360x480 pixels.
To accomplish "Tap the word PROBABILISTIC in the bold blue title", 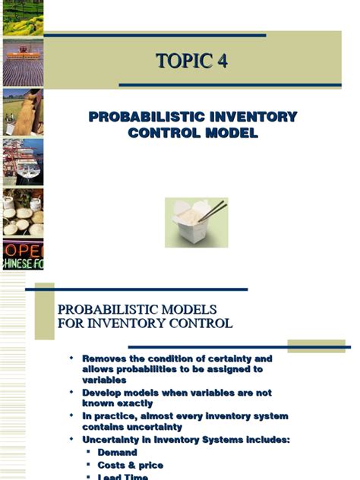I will click(144, 117).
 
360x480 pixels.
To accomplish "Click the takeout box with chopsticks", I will click(195, 221).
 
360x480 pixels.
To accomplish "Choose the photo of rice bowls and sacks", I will click(22, 213).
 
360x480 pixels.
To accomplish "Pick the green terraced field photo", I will click(22, 17).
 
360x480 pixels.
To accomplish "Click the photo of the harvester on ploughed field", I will click(22, 62).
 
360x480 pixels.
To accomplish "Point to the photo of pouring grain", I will click(22, 112).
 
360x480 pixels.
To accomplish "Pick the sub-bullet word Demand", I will click(117, 453).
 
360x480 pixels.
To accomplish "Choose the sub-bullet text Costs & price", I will click(130, 465).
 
